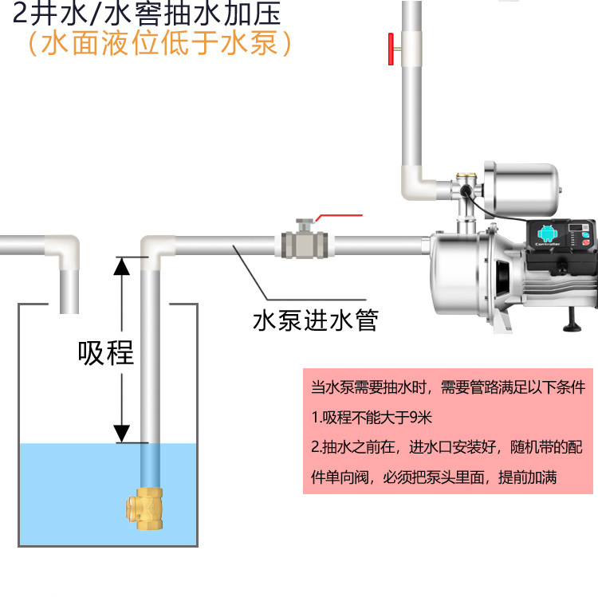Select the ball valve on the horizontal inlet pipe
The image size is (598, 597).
coord(304,238)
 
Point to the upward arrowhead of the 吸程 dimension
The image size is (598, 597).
coord(121,267)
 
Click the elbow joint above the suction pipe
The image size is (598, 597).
coord(159,248)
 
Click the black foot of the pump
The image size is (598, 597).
coord(574,320)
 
